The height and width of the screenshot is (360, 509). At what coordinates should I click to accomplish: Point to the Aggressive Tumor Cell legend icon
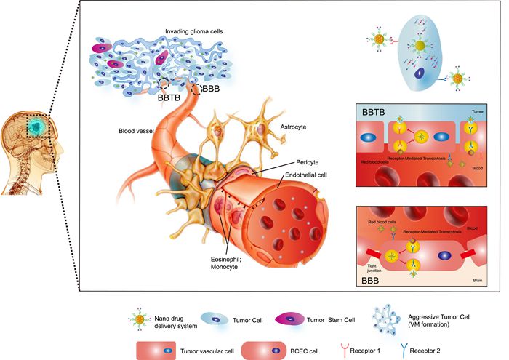tap(382, 318)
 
